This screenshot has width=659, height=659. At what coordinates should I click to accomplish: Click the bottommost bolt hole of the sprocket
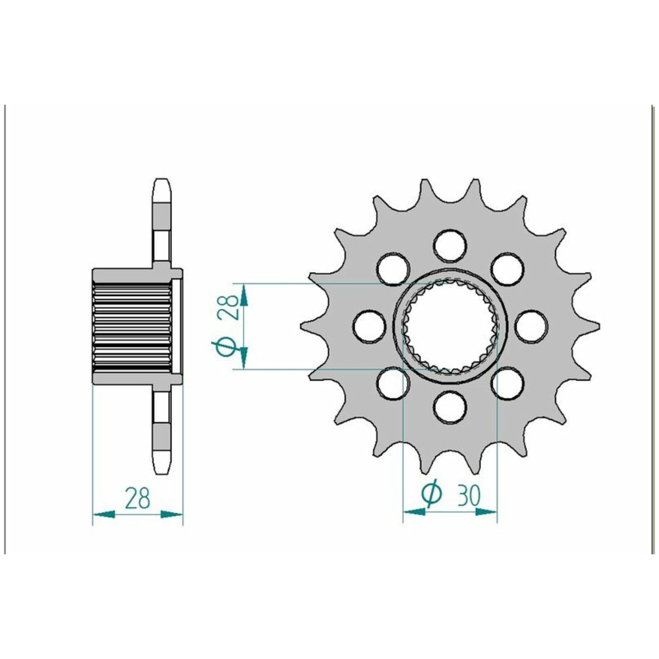click(449, 407)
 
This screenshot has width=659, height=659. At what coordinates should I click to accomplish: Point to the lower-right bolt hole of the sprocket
click(507, 384)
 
